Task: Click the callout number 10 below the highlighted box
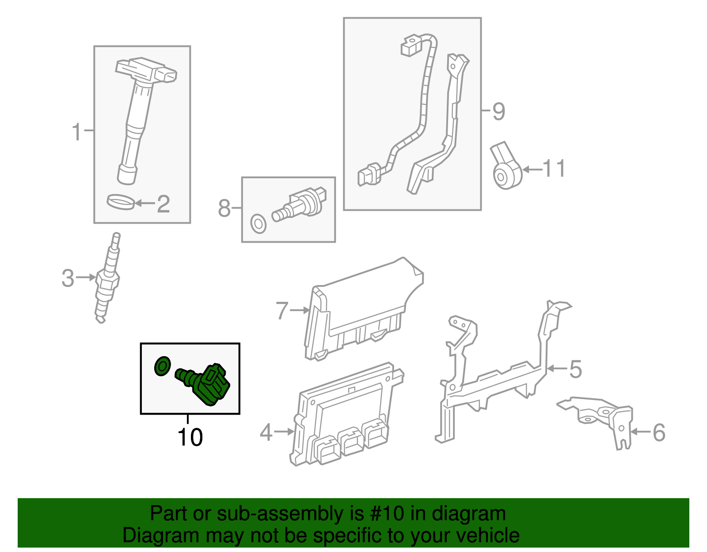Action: [x=190, y=437]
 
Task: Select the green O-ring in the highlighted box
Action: [x=162, y=366]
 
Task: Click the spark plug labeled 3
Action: [x=107, y=278]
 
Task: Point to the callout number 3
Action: [x=68, y=278]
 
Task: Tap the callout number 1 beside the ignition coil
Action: [x=77, y=132]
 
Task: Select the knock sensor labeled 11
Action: [x=506, y=170]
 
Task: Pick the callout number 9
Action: [x=498, y=111]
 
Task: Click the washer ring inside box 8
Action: [x=258, y=224]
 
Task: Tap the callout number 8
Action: [x=224, y=208]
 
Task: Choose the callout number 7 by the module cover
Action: [x=282, y=311]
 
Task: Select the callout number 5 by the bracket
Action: [x=575, y=369]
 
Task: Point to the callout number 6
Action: [x=659, y=432]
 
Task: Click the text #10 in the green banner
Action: [x=384, y=514]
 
